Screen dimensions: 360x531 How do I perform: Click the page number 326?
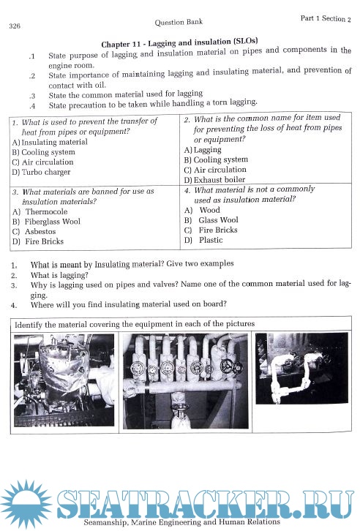[15, 26]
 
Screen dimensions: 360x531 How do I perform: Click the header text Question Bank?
[179, 23]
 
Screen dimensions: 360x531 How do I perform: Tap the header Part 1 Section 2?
[326, 18]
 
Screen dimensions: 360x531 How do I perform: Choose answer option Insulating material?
[54, 142]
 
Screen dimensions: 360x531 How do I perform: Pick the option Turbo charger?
[46, 172]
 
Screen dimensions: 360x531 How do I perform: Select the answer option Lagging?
[207, 150]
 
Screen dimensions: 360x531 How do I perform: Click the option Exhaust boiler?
[219, 179]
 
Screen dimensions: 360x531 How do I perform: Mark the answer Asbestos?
[40, 232]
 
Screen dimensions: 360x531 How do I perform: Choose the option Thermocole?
[46, 211]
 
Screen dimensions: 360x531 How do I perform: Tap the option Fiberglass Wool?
[52, 222]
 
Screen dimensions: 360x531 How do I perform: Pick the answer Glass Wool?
[219, 220]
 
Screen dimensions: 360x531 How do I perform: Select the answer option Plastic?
[211, 240]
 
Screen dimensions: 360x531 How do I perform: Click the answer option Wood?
[209, 210]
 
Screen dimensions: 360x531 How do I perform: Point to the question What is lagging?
[59, 275]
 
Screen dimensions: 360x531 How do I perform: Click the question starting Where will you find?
[128, 304]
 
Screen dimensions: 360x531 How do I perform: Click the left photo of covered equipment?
[64, 380]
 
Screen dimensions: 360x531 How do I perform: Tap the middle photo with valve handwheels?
[185, 381]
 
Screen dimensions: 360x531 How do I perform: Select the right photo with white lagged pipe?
[301, 368]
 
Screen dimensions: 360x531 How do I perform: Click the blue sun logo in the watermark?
[26, 505]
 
